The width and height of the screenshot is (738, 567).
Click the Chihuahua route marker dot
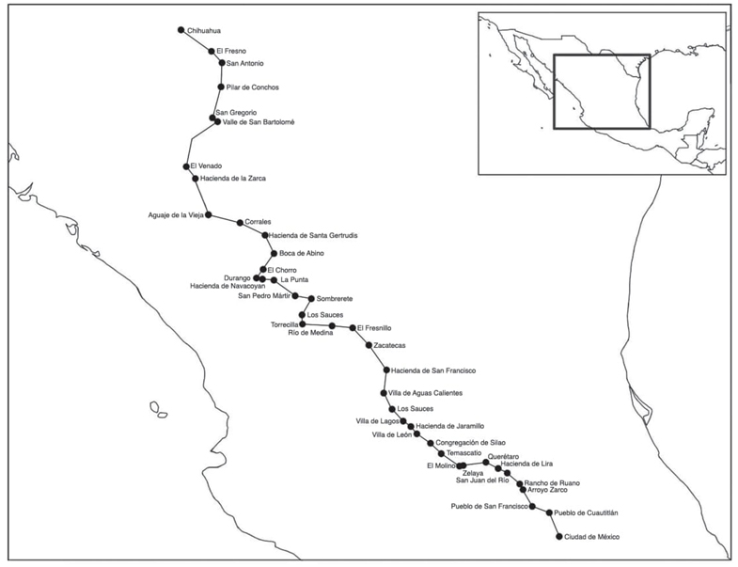pos(181,30)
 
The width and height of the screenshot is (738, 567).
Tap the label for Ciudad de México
pos(591,537)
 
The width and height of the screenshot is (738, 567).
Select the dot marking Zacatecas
pos(369,345)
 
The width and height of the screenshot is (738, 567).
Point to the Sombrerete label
pos(334,299)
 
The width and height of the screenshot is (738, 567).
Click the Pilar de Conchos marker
pos(221,87)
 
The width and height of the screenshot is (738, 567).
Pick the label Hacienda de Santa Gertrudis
pos(313,235)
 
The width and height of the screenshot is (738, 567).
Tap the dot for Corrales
pos(240,223)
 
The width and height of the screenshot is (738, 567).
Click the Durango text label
pos(237,278)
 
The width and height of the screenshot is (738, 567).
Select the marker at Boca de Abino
pos(274,253)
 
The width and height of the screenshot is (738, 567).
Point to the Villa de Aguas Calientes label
pos(426,393)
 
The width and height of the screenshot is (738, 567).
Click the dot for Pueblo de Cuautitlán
pos(549,512)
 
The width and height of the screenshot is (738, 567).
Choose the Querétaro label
pos(503,457)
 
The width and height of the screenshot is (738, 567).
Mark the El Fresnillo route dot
pos(353,328)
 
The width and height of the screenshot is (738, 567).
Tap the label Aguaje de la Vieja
pos(176,215)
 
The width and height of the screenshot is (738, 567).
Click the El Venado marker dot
pos(186,166)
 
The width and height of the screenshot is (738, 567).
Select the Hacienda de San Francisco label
pos(433,370)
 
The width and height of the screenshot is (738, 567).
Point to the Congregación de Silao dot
pos(431,443)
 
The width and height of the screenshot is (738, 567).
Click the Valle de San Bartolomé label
pos(259,122)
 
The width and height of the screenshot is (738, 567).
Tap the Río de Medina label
pos(310,333)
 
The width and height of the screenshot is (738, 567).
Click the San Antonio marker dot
pos(222,63)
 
